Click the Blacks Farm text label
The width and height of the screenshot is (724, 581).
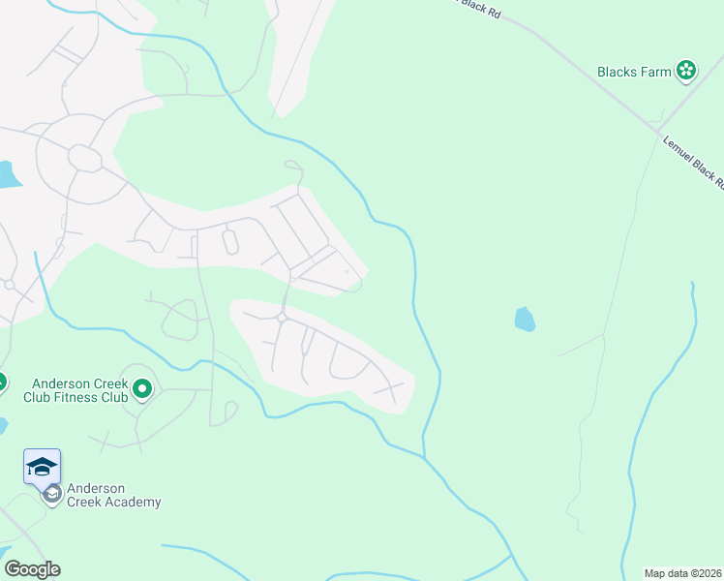634,71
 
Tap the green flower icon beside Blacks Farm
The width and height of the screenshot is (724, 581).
686,70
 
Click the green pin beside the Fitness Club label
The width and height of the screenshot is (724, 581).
142,390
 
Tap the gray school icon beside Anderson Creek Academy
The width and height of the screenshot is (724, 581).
52,495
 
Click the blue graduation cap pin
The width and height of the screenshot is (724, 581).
43,467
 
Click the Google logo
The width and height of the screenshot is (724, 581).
32,569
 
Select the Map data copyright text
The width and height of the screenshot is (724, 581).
683,572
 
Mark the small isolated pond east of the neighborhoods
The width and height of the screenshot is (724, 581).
524,319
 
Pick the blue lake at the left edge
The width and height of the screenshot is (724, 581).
7,174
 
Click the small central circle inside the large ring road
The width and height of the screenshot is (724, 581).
85,159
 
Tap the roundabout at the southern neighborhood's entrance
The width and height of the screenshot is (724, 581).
283,317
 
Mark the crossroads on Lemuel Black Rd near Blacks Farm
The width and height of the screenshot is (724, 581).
657,131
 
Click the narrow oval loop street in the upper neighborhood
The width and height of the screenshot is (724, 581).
230,241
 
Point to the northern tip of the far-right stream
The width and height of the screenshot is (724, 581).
692,284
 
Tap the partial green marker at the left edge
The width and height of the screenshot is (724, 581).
2,382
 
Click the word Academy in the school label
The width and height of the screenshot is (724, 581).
136,502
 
